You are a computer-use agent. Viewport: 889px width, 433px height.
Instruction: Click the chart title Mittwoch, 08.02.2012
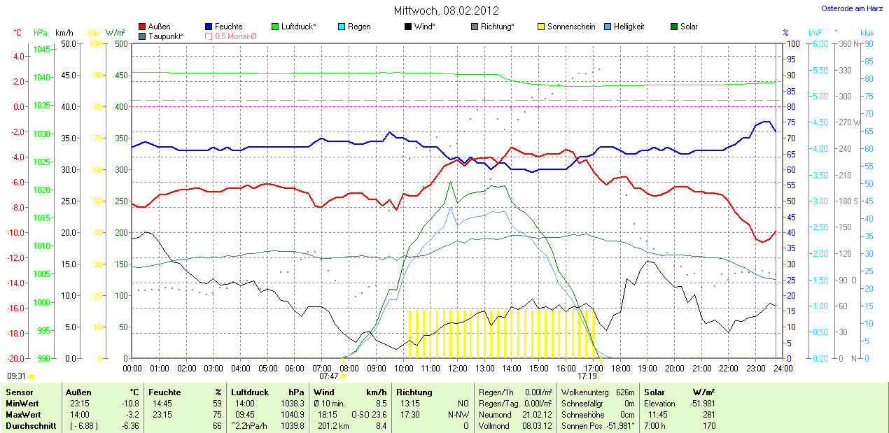pos(445,10)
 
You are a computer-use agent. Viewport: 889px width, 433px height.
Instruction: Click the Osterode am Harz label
pos(851,8)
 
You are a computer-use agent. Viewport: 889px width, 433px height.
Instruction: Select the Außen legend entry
pos(159,27)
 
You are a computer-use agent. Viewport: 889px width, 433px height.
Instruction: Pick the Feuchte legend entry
pos(228,27)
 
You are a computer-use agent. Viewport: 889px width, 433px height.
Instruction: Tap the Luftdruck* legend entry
pos(298,27)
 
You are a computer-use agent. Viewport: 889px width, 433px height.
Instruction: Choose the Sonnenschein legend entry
pos(571,27)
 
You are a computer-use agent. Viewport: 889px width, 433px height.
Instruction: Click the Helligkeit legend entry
pos(629,27)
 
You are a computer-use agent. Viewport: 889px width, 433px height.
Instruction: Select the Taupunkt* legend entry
pos(167,36)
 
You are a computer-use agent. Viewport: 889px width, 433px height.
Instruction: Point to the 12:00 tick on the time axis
pos(457,368)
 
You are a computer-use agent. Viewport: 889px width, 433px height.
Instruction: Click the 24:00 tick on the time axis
pos(783,368)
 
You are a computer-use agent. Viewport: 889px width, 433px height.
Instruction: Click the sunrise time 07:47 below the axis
pos(329,376)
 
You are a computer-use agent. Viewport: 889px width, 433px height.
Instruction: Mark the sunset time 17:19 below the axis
pos(587,376)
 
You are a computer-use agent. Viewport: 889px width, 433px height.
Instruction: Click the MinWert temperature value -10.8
pos(131,404)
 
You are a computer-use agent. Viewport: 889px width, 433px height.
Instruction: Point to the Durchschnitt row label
pos(31,426)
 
